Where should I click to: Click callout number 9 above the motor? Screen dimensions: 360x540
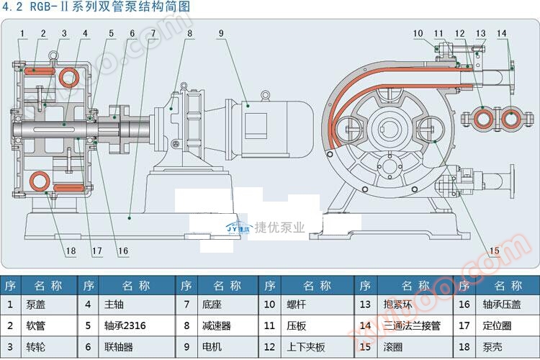(x=221, y=32)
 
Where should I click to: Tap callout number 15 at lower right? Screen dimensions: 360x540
(x=494, y=251)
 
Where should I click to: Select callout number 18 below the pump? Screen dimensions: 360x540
(x=70, y=251)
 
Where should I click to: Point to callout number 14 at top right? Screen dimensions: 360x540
(x=502, y=32)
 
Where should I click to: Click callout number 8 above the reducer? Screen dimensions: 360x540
(x=189, y=32)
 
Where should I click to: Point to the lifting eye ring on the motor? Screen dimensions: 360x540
(x=265, y=94)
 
